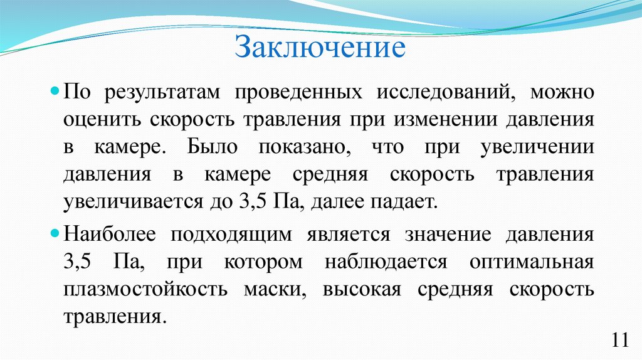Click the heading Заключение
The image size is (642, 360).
(320, 48)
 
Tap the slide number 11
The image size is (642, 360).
(619, 341)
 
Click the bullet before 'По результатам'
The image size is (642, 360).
(55, 91)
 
